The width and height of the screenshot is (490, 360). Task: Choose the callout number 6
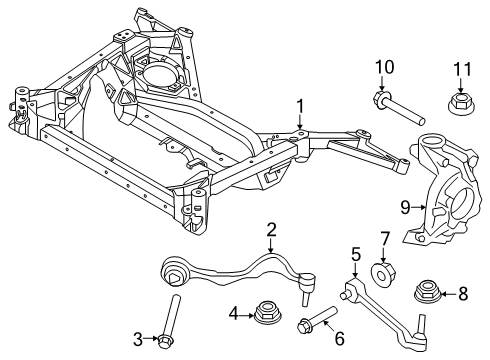[x=339, y=340]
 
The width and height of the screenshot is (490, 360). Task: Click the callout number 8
[x=461, y=293]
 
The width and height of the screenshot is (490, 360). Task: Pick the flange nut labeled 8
[x=427, y=293]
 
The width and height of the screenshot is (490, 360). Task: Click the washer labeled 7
[x=384, y=274]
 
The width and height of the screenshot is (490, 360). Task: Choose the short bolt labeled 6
[x=313, y=323]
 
